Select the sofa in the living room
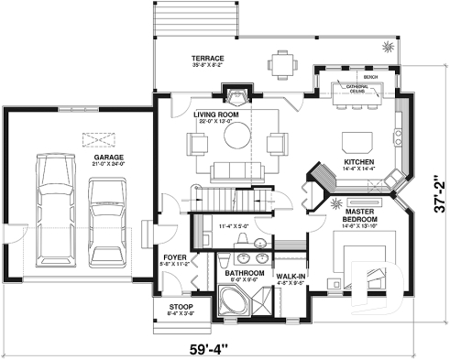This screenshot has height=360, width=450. (x=234, y=171)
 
